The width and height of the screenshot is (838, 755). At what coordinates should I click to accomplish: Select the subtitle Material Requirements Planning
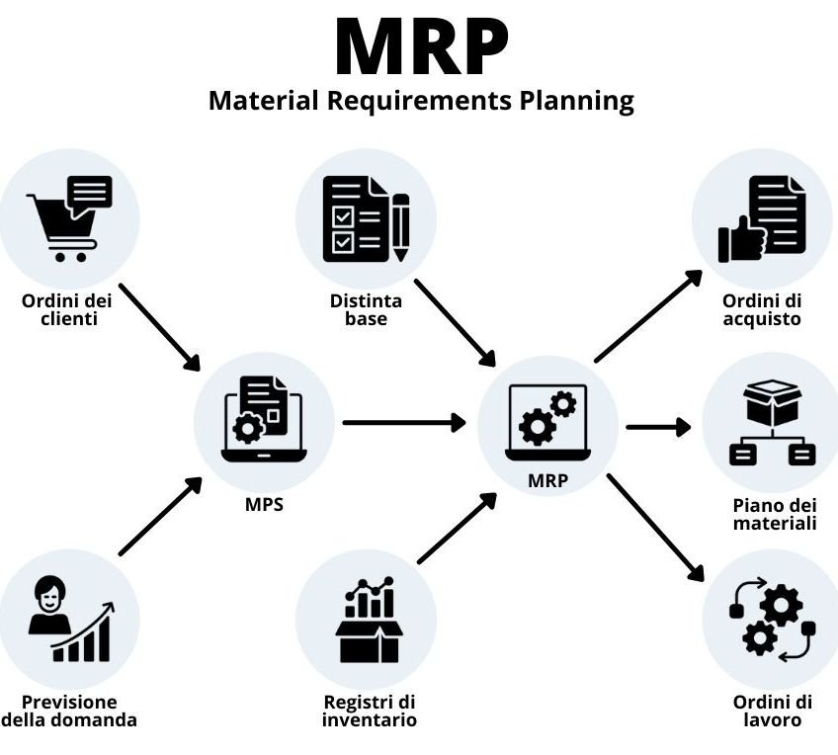[421, 101]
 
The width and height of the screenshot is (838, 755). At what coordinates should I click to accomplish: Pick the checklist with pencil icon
[366, 218]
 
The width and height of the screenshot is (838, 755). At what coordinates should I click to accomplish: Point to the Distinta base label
[366, 310]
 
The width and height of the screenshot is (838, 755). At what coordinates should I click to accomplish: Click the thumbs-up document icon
[762, 218]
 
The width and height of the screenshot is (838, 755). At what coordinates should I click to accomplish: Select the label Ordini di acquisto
[761, 310]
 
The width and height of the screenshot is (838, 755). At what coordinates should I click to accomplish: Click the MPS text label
[264, 504]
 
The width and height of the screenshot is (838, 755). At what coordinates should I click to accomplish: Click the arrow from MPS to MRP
[403, 423]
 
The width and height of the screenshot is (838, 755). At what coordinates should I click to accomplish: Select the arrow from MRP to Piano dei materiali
[657, 427]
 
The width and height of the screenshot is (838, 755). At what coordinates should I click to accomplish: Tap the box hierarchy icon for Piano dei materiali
[772, 423]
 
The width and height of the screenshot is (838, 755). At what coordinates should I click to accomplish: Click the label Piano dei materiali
[774, 514]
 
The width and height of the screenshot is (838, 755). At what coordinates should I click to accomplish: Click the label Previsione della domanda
[69, 711]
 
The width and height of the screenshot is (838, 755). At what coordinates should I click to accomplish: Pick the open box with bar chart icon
[368, 620]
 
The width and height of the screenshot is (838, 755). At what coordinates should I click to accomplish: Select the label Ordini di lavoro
[773, 711]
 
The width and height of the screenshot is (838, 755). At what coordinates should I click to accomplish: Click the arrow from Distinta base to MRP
[455, 322]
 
